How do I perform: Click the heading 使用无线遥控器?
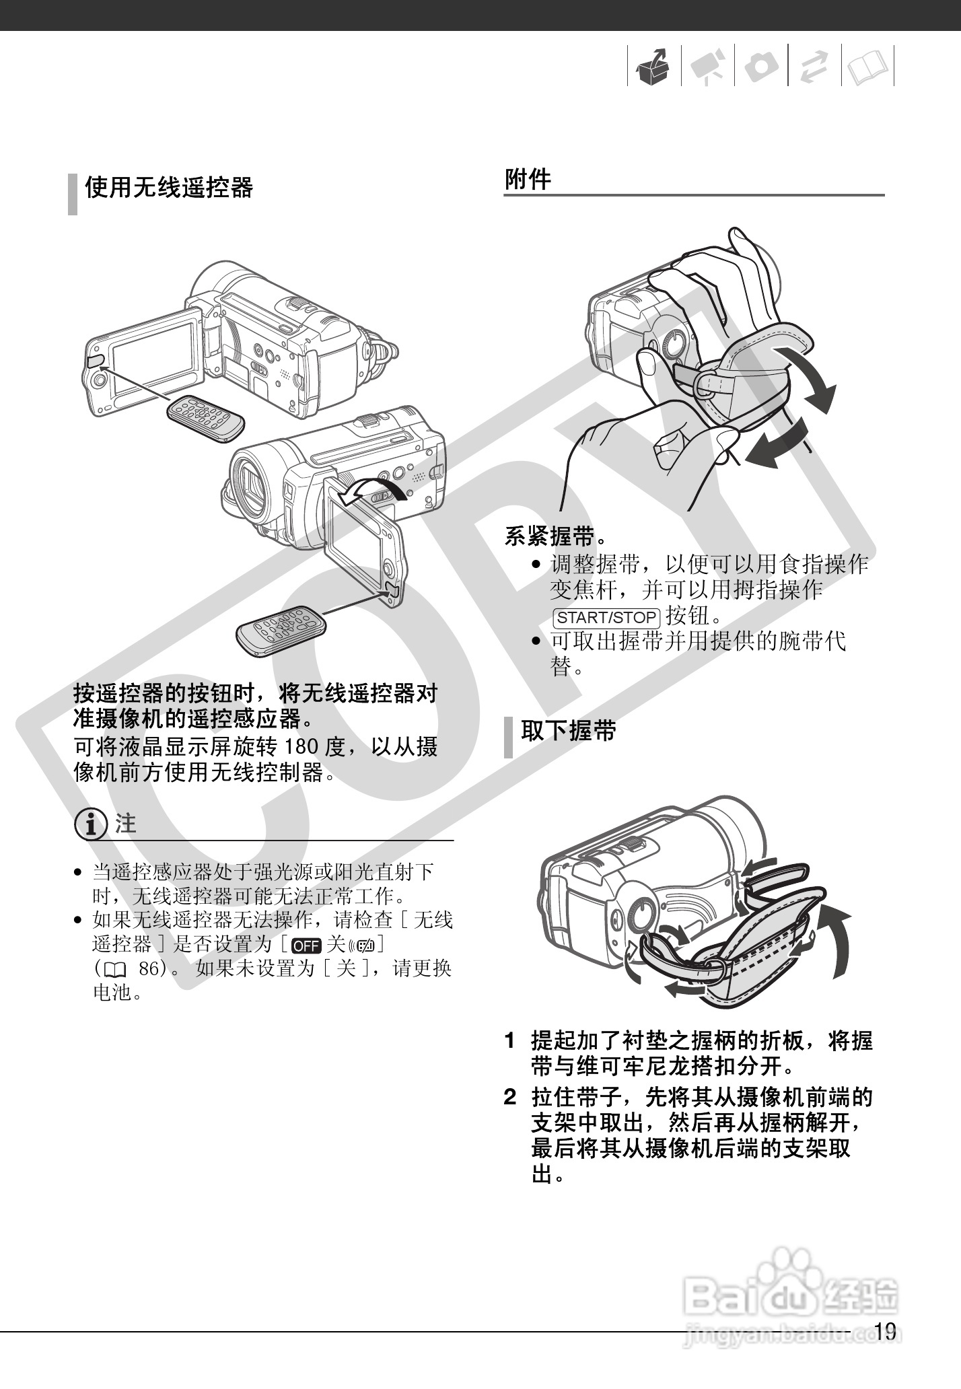(168, 188)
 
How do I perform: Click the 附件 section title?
(528, 180)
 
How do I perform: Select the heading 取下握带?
(568, 730)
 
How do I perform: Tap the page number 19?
(885, 1330)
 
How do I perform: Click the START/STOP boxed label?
(605, 617)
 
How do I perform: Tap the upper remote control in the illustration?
(205, 418)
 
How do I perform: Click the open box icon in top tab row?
(653, 67)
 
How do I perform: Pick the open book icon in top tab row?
(867, 67)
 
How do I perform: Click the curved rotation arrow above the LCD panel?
(372, 489)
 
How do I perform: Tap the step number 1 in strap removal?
(510, 1041)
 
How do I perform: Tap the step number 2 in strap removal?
(510, 1098)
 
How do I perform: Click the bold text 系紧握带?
(548, 536)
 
